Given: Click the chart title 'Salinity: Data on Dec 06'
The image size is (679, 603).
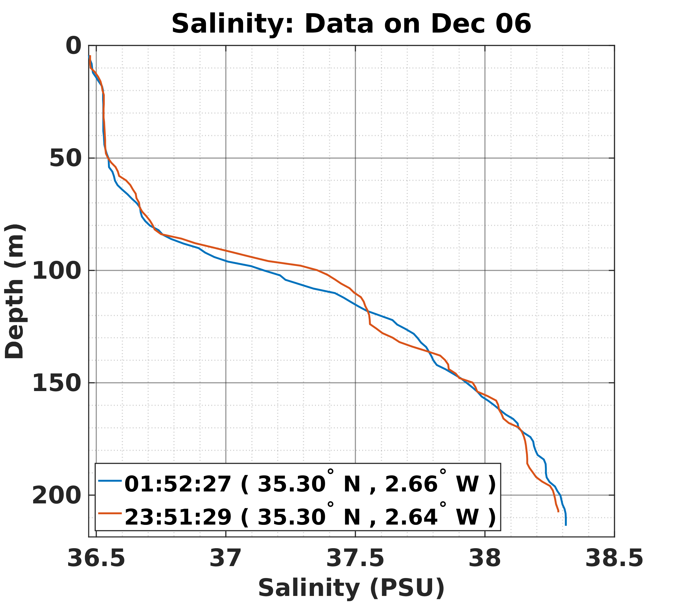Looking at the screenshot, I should (351, 24).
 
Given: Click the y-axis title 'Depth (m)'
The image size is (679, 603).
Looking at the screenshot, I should (15, 291).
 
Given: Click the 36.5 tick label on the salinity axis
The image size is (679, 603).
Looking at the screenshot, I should (96, 558).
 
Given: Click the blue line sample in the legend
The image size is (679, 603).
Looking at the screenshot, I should (110, 480).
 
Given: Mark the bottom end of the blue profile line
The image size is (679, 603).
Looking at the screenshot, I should (566, 525).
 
